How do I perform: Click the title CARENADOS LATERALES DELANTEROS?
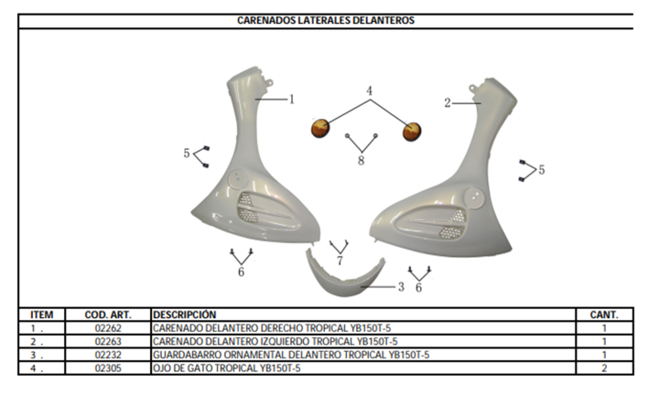326,20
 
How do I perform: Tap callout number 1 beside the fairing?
292,100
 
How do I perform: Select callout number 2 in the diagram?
448,102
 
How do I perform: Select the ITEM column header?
41,314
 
